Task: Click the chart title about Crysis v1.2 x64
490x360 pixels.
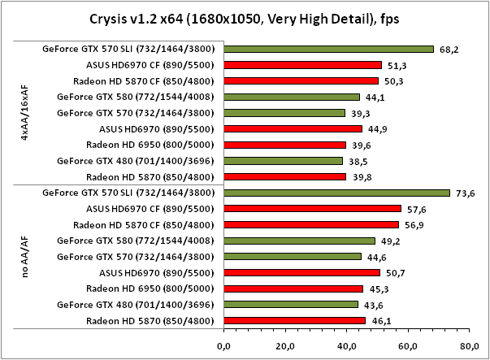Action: [x=245, y=17]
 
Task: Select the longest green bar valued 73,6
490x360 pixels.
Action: [x=336, y=193]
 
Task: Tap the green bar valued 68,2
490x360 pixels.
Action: [x=327, y=49]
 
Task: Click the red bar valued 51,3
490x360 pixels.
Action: [x=301, y=65]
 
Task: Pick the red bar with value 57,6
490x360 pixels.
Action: [x=311, y=209]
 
